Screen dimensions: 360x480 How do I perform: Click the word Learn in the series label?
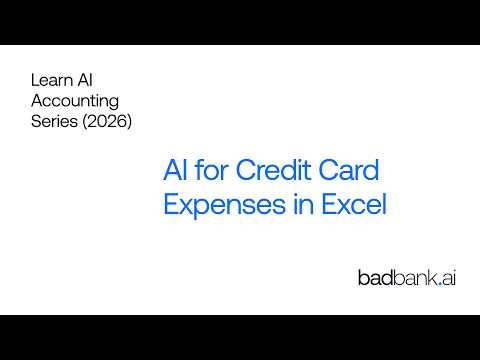coord(50,79)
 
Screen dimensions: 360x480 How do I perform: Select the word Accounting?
coord(75,100)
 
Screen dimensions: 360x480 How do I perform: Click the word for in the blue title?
coord(212,172)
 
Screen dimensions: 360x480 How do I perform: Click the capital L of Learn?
coord(36,79)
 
